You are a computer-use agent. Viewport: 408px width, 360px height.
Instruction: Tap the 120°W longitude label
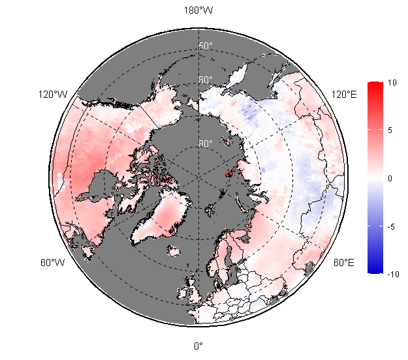tap(54, 95)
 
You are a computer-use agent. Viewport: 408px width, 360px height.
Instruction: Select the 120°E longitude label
tap(344, 95)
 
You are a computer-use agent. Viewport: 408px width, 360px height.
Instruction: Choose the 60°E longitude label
tap(344, 263)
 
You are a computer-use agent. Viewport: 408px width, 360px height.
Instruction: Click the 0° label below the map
tap(198, 346)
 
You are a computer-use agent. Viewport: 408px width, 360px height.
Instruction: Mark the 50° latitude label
tap(206, 46)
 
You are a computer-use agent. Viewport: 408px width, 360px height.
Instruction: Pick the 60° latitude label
tap(206, 80)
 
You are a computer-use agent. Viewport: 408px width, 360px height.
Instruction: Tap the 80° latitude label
tap(206, 143)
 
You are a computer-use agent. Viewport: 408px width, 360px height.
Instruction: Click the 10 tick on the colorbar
tap(392, 83)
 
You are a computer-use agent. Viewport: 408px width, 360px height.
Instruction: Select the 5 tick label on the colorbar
tap(390, 130)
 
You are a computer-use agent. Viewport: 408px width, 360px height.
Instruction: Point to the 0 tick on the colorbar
tap(390, 178)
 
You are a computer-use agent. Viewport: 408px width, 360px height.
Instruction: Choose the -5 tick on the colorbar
tap(391, 227)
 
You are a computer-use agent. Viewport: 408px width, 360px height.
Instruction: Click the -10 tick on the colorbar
tap(392, 275)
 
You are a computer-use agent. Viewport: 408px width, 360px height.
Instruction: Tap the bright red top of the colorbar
tap(375, 87)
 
